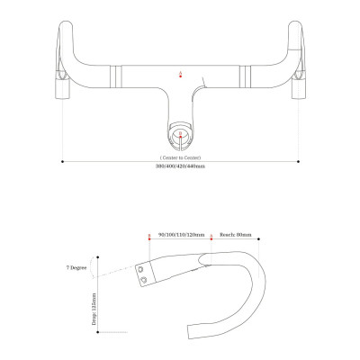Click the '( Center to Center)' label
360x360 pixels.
coord(180,155)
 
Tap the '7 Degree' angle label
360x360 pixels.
coord(76,268)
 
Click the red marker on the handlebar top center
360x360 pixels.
coord(180,73)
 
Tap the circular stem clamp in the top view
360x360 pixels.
coord(180,138)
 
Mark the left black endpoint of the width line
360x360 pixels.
coord(62,162)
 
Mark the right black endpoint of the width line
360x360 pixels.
coord(298,162)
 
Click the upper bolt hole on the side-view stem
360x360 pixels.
coord(142,267)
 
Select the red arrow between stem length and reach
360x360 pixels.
coord(211,238)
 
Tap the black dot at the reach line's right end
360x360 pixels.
coord(258,238)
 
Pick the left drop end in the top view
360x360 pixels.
coord(64,90)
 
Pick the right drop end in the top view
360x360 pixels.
coord(296,90)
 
